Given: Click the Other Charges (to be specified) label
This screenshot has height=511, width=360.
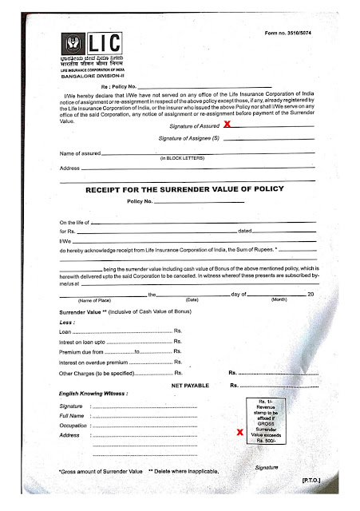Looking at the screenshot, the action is tap(105, 373).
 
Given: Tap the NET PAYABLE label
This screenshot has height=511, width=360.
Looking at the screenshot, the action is tap(190, 385).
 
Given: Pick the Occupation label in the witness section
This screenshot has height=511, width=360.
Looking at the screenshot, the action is tap(73, 426).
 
